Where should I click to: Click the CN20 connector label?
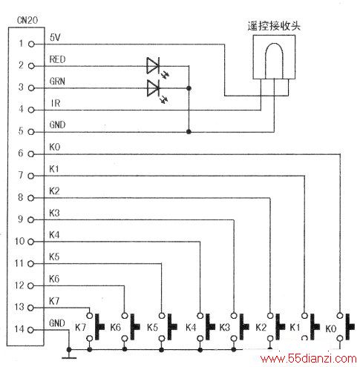tap(27, 20)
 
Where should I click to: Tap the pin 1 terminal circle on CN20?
tap(31, 44)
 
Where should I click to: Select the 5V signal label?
tap(55, 38)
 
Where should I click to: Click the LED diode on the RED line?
tap(154, 66)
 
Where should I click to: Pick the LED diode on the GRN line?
tap(154, 88)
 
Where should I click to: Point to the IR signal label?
tap(56, 103)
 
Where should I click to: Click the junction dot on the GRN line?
tap(189, 88)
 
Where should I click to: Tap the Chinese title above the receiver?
tap(274, 26)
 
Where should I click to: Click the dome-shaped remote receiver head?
tap(274, 61)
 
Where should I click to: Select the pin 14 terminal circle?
tap(30, 330)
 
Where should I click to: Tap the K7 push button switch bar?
tap(99, 327)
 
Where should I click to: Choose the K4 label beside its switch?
tap(191, 328)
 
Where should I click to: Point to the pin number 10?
tap(20, 241)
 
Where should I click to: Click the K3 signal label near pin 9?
tap(54, 213)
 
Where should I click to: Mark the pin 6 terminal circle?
tap(30, 154)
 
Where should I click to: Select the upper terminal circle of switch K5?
tap(162, 316)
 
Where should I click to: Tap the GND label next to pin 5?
tap(57, 125)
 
